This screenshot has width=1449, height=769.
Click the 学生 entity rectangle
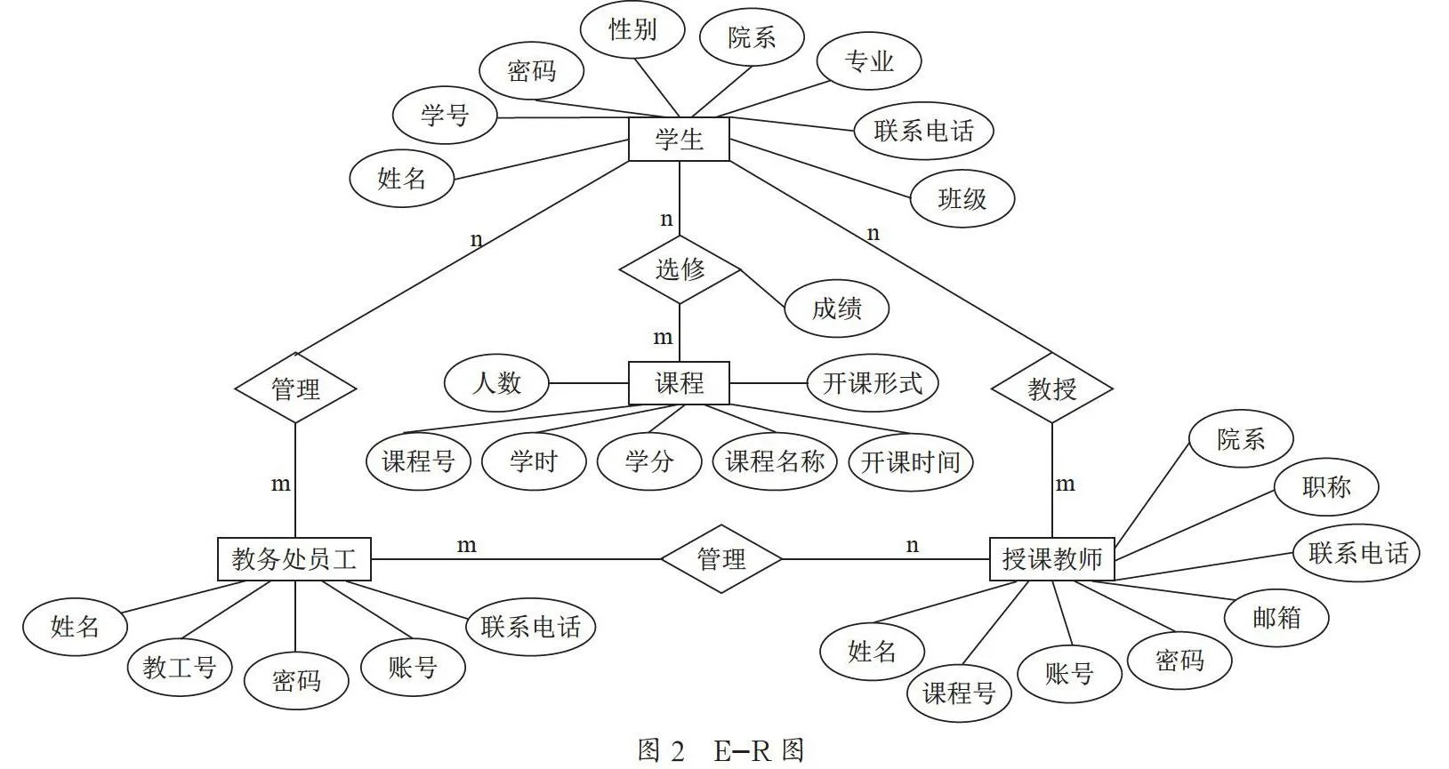tap(679, 139)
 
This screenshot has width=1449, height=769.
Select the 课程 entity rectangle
tap(679, 383)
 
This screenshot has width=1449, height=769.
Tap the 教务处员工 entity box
tap(294, 559)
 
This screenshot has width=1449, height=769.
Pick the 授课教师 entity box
tap(1051, 559)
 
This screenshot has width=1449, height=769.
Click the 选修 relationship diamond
tap(680, 269)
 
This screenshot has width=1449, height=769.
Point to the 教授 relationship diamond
tap(1051, 389)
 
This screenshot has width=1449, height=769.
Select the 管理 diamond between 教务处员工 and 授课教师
tap(721, 559)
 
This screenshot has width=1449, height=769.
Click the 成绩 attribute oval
tap(836, 308)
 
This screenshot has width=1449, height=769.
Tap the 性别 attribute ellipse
tap(632, 29)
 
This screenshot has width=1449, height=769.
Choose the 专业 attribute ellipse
tap(869, 61)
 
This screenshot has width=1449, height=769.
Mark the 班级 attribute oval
tap(962, 198)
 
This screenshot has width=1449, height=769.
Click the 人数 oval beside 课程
tap(496, 383)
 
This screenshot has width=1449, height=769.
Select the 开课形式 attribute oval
tap(873, 383)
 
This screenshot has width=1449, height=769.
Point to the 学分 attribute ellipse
tap(648, 461)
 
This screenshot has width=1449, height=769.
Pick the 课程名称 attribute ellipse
tap(774, 461)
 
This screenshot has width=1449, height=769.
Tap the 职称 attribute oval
tap(1326, 487)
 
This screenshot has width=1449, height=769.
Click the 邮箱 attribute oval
tap(1276, 618)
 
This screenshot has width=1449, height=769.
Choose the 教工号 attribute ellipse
tap(179, 667)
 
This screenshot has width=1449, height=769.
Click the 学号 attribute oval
tap(445, 115)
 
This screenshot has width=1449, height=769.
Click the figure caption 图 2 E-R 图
tap(721, 751)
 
